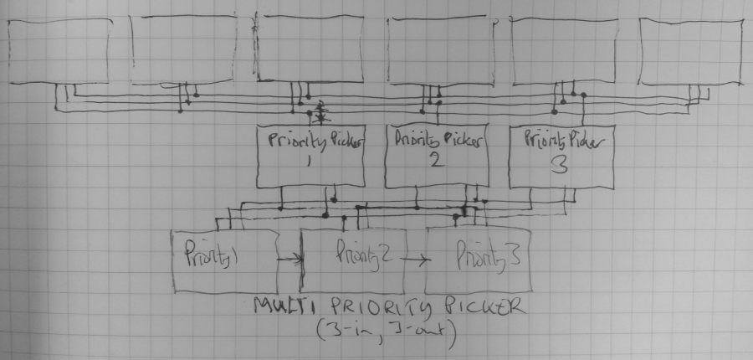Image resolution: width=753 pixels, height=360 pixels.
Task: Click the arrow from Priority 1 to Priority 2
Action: [289, 260]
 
